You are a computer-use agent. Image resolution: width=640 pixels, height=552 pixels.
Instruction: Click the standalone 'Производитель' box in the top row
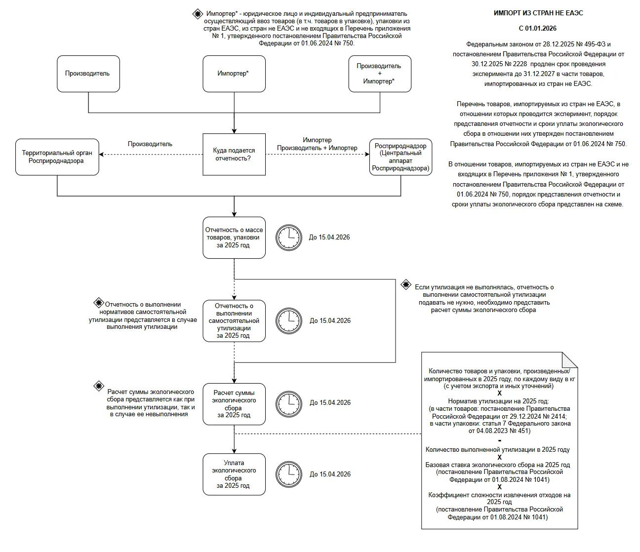[x=88, y=74]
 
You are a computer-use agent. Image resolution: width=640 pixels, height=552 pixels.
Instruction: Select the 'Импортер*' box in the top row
[x=234, y=74]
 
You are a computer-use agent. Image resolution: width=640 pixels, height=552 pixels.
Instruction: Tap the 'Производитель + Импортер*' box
[x=380, y=74]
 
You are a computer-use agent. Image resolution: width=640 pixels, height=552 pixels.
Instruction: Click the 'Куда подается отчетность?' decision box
[x=234, y=155]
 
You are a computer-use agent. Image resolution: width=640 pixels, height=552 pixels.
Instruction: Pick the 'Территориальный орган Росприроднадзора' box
[x=57, y=157]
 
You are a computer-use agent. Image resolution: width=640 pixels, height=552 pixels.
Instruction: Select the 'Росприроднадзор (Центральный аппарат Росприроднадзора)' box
[x=400, y=157]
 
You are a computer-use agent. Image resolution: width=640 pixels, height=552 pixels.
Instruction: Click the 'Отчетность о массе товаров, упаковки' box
[x=234, y=238]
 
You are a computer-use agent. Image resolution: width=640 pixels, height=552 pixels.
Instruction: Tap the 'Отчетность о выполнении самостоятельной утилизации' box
[x=234, y=321]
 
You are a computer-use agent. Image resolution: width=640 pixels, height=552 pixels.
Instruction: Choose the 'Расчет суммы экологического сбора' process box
[x=234, y=404]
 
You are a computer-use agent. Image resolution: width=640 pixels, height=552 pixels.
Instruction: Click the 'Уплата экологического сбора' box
[x=234, y=474]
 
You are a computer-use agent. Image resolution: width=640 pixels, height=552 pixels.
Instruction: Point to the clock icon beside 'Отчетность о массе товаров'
[x=289, y=238]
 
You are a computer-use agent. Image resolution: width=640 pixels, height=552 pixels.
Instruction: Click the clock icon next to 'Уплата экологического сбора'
[x=289, y=474]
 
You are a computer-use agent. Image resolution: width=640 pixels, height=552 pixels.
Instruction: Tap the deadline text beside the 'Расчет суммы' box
[x=330, y=402]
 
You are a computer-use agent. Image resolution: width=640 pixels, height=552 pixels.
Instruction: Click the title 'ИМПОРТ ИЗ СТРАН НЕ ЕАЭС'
[x=538, y=13]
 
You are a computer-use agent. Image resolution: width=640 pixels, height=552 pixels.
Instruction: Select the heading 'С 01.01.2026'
[x=537, y=29]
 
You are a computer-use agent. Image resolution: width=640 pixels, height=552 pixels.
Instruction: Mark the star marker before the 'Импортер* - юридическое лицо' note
[x=198, y=14]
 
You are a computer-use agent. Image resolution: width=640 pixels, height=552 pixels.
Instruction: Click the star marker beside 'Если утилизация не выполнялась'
[x=406, y=284]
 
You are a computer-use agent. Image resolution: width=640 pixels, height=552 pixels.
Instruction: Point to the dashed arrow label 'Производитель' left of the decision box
[x=150, y=144]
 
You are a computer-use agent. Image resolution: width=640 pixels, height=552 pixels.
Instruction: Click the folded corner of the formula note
[x=570, y=360]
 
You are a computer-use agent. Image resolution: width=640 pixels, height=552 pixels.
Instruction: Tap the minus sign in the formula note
[x=499, y=440]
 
